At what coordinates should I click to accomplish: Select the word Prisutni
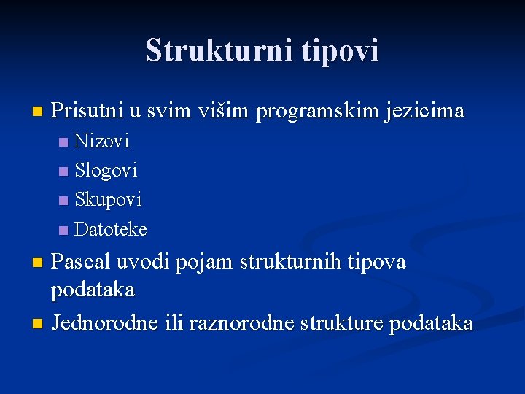tap(87, 112)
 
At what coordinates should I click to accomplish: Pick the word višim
tap(220, 112)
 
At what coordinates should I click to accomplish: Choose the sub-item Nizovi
tap(102, 140)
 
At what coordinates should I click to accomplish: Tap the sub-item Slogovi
tap(106, 171)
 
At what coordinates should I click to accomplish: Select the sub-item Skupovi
tap(109, 200)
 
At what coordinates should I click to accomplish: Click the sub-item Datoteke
tap(111, 230)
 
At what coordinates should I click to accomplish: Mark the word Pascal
tap(81, 262)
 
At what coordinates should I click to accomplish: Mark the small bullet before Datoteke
tap(63, 231)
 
